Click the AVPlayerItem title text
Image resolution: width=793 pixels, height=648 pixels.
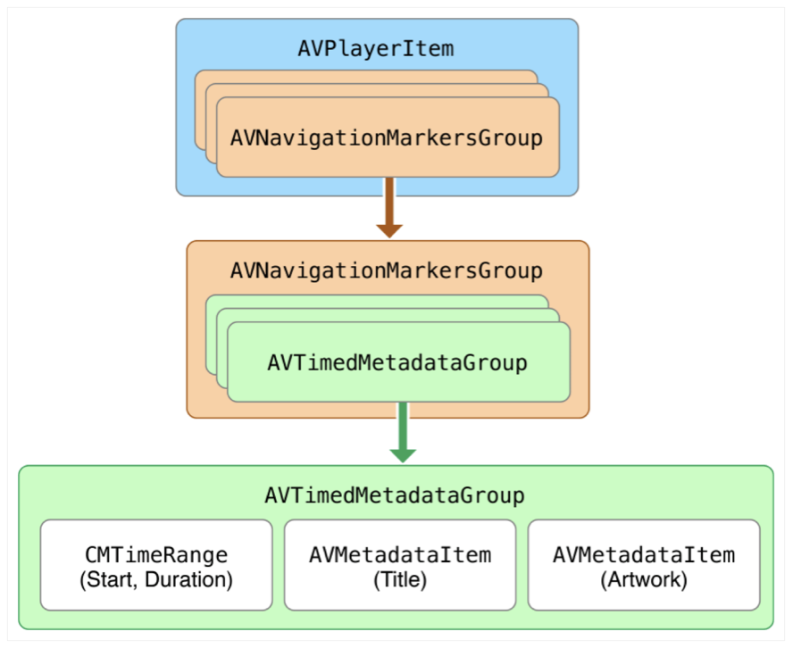tap(376, 48)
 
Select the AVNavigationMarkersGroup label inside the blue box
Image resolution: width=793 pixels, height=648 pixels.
tap(386, 138)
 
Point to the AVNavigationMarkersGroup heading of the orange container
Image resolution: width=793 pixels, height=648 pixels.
tap(386, 269)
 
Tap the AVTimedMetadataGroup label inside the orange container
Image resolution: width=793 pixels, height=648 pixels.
tap(396, 363)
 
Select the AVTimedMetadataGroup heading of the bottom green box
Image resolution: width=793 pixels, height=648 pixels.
tap(394, 494)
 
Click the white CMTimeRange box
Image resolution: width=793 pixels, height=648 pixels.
tap(156, 565)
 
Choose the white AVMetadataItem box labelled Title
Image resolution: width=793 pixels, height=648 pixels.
tap(400, 565)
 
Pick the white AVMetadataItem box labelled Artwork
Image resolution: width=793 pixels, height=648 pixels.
tap(644, 565)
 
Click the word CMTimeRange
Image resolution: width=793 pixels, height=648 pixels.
tap(156, 555)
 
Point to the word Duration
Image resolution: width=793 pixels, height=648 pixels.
tap(195, 580)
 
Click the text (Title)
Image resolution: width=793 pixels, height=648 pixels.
tap(400, 580)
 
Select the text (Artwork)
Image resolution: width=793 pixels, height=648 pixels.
tap(644, 580)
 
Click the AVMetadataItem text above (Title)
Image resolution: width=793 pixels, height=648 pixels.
tap(400, 555)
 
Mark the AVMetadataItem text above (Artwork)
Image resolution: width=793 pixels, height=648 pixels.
tap(644, 555)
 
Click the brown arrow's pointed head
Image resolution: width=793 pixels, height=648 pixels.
tap(389, 229)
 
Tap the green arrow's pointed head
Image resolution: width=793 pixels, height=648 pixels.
tap(403, 454)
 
